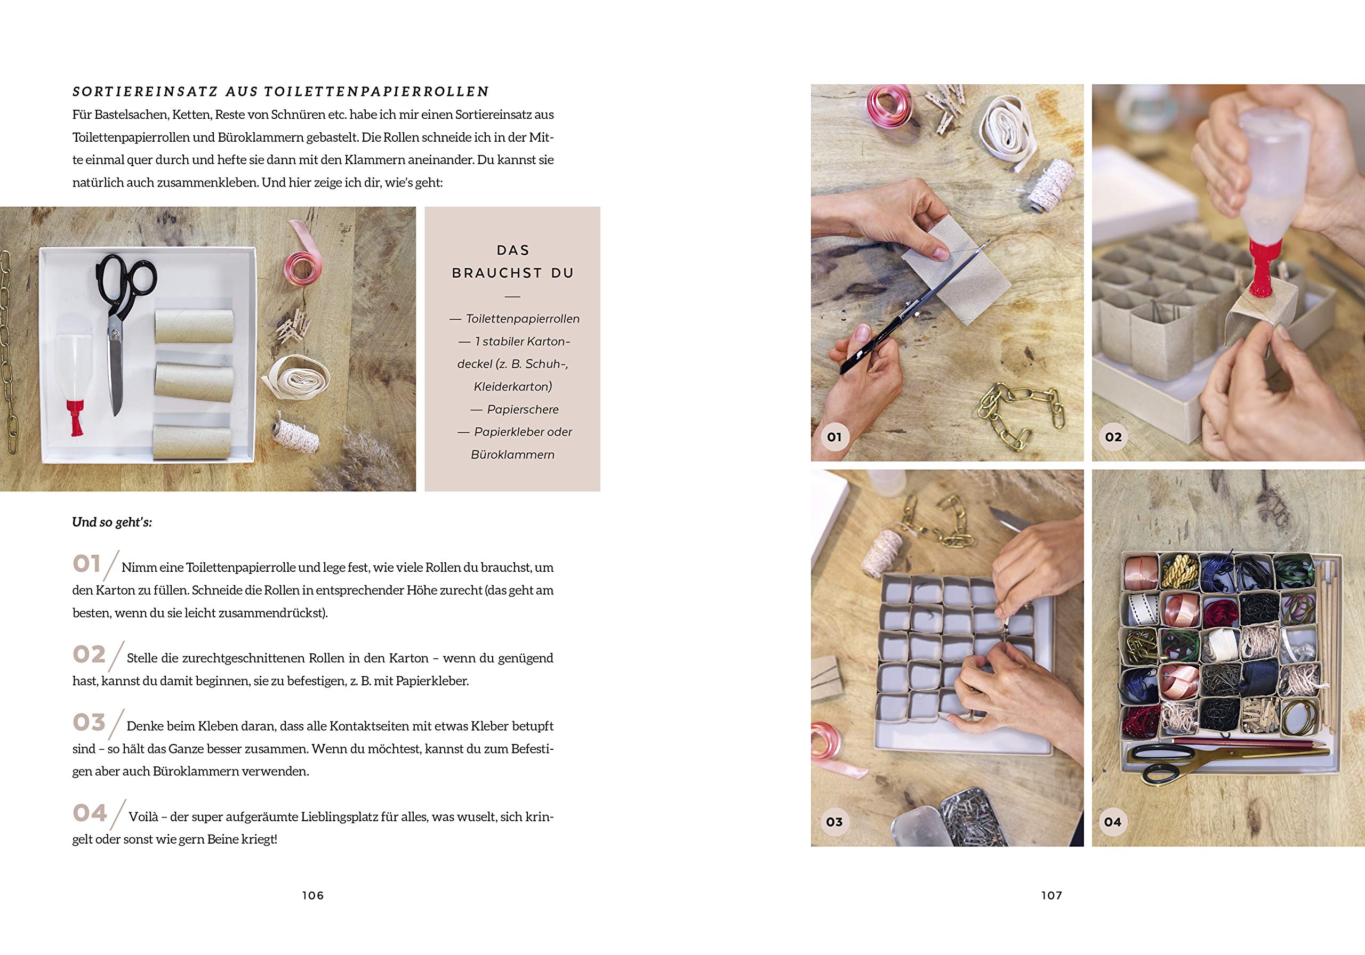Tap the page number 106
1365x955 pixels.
pyautogui.click(x=312, y=895)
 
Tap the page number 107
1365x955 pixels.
pyautogui.click(x=1051, y=895)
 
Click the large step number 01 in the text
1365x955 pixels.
pyautogui.click(x=87, y=563)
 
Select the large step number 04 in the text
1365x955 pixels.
pyautogui.click(x=90, y=812)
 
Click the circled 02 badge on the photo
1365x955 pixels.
pyautogui.click(x=1113, y=438)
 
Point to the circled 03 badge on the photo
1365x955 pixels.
pyautogui.click(x=834, y=822)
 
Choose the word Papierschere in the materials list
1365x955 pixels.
pyautogui.click(x=523, y=409)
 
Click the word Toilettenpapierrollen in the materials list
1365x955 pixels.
pyautogui.click(x=523, y=319)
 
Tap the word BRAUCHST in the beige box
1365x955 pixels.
pyautogui.click(x=497, y=273)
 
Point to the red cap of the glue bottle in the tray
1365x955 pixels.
pyautogui.click(x=75, y=417)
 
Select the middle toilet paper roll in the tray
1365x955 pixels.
pyautogui.click(x=194, y=382)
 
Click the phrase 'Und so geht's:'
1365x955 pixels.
pyautogui.click(x=112, y=522)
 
